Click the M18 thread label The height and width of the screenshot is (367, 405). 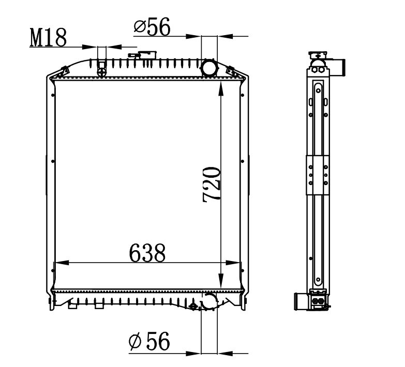click(x=48, y=37)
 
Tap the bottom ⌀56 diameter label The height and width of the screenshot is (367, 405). click(x=149, y=341)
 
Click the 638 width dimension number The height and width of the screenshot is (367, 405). click(x=147, y=253)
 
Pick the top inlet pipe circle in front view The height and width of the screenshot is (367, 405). click(x=208, y=67)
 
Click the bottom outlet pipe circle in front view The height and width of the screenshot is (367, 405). click(x=209, y=301)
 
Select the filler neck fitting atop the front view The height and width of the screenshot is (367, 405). click(x=143, y=55)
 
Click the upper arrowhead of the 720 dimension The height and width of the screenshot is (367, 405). click(x=221, y=88)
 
